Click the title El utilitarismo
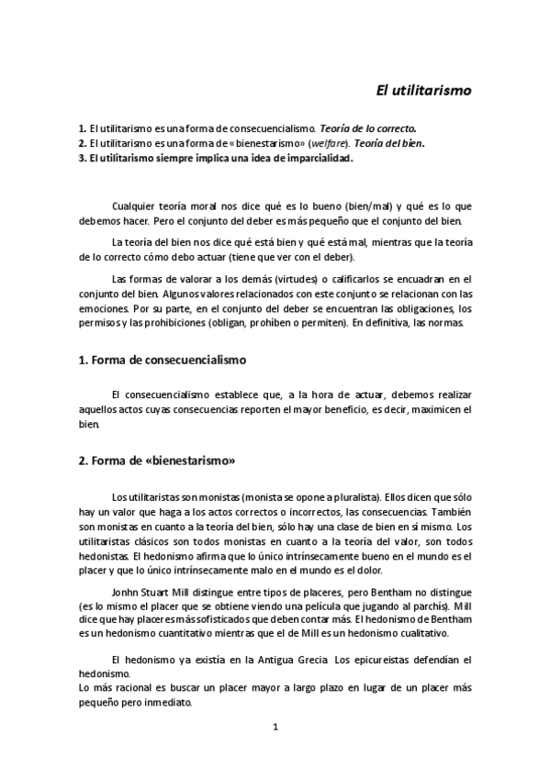(424, 91)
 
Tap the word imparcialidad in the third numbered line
(308, 157)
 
